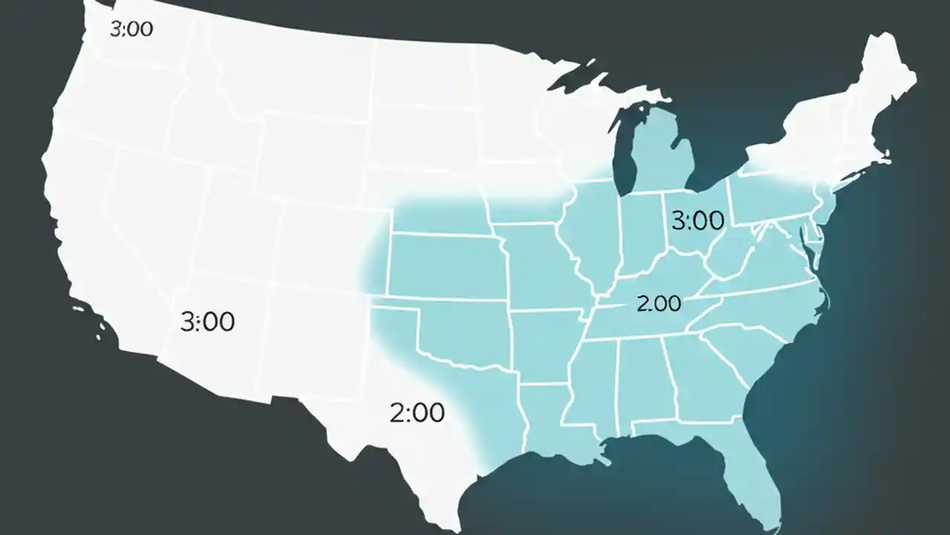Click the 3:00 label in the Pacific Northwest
coord(131,30)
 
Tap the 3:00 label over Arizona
coord(207,322)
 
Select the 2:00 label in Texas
coord(416,412)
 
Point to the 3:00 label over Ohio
coord(697,221)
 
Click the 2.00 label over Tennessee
coord(658,304)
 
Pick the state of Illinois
coord(594,238)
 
